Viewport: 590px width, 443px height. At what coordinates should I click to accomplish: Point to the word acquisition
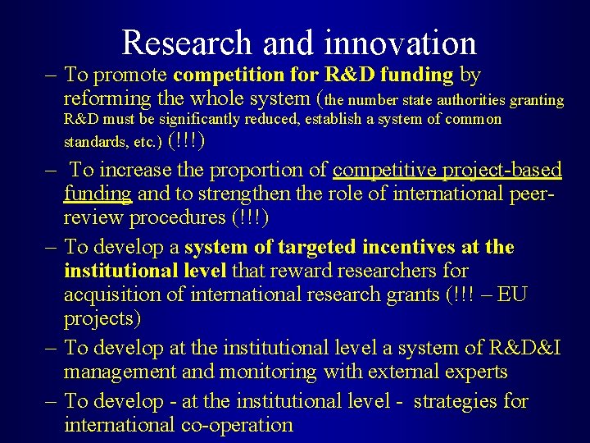pos(116,294)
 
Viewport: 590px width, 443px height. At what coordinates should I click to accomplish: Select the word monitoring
pos(269,372)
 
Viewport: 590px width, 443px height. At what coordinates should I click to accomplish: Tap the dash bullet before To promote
pos(51,75)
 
